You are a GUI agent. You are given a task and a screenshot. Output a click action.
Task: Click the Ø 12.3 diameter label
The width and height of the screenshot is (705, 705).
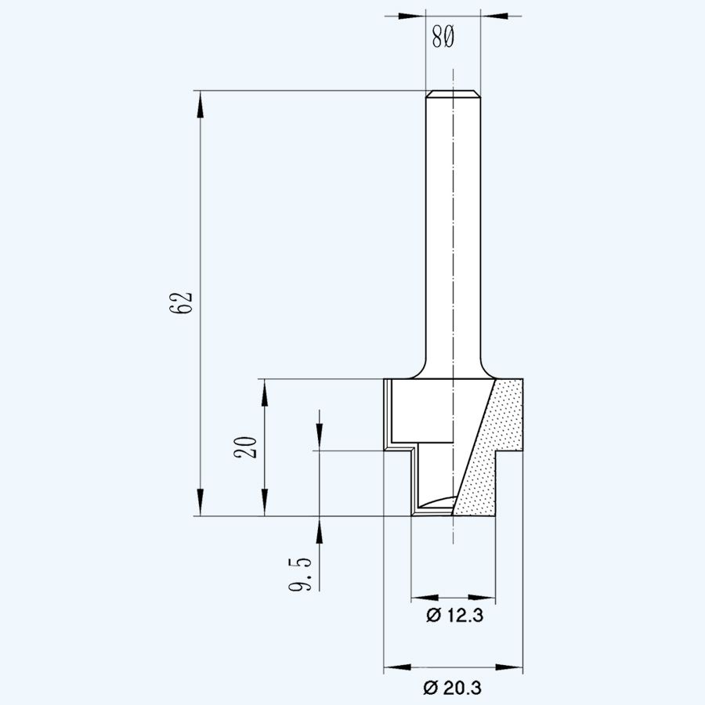[454, 616]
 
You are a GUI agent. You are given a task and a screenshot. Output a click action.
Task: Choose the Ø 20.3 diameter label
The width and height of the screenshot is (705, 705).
[452, 688]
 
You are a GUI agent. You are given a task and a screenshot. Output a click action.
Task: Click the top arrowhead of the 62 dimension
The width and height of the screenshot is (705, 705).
[201, 102]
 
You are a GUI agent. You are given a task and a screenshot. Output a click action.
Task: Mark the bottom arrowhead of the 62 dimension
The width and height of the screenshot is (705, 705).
[201, 505]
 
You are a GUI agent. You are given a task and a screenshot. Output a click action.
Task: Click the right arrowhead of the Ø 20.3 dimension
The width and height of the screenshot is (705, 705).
[511, 668]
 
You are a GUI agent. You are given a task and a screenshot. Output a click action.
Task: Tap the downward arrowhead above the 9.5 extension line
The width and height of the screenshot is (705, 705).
[320, 440]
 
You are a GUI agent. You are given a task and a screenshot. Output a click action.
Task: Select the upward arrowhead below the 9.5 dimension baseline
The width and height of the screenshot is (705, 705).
[320, 528]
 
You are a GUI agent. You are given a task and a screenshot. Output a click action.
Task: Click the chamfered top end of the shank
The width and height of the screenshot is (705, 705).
[453, 96]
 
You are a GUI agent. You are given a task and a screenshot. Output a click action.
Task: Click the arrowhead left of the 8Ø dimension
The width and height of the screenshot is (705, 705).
[413, 15]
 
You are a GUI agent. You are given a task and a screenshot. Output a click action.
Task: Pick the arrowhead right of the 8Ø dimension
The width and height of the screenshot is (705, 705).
[492, 15]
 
